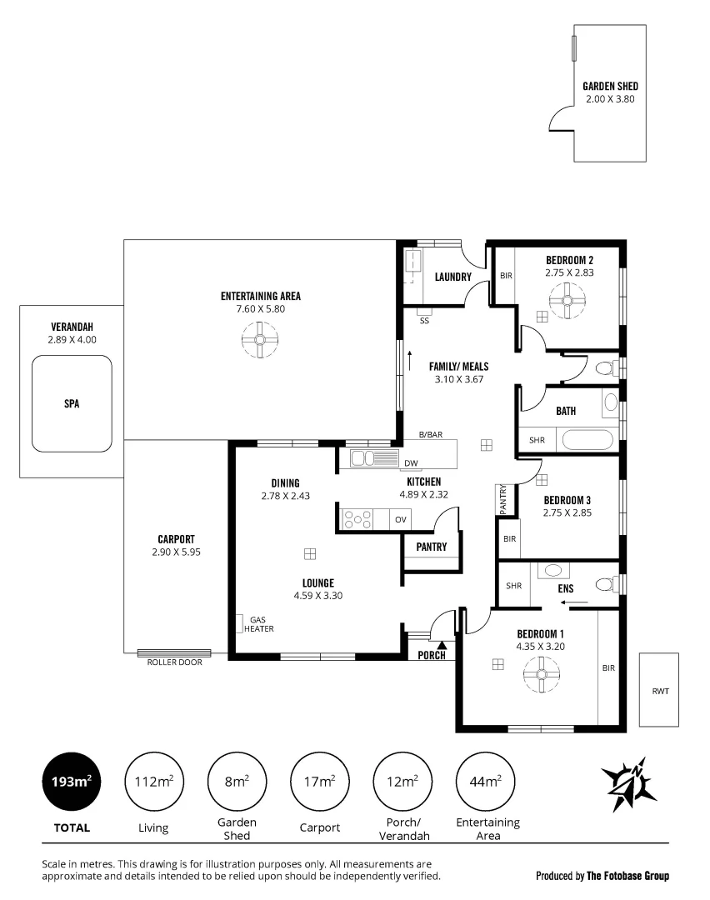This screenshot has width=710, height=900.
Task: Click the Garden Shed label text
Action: (x=610, y=86)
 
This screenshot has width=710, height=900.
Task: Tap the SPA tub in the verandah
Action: (x=72, y=403)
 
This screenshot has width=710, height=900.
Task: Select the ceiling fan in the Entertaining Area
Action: (x=260, y=340)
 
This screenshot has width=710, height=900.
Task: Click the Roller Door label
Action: (x=174, y=662)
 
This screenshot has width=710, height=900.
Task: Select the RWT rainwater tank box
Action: (x=661, y=690)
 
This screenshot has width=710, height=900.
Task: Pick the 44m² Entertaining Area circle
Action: (x=487, y=782)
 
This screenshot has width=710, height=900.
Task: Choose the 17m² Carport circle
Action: (x=320, y=782)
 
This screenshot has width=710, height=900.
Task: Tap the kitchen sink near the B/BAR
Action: (x=375, y=458)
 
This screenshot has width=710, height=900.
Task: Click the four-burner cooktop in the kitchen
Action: (x=358, y=519)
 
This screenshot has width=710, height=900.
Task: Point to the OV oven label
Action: (x=401, y=520)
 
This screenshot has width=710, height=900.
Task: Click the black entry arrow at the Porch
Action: (x=442, y=643)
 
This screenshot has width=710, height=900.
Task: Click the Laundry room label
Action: (x=452, y=277)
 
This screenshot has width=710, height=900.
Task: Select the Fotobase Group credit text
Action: (x=602, y=876)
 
